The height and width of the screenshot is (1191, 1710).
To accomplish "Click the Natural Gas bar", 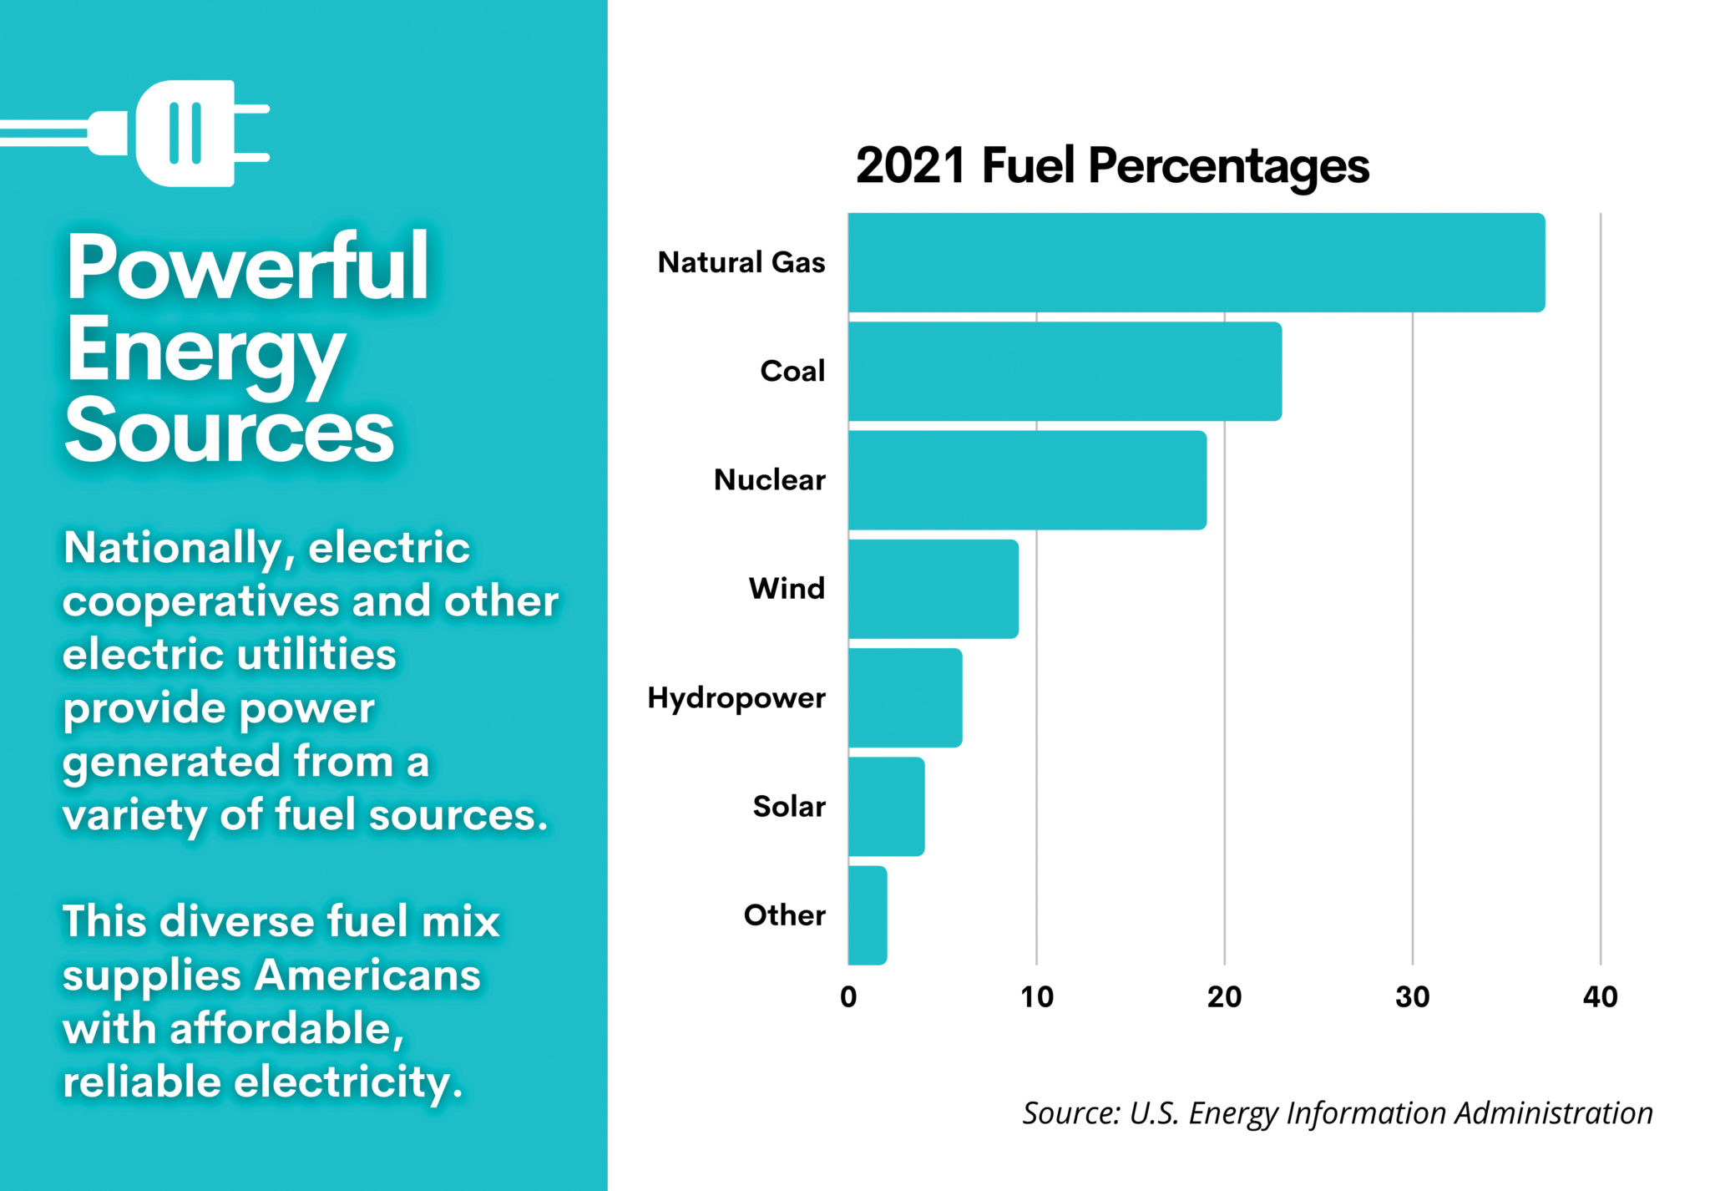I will (x=1196, y=262).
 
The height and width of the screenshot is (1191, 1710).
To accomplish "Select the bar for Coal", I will (x=1065, y=372).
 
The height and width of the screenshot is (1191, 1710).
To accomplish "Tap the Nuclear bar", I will (x=1027, y=480).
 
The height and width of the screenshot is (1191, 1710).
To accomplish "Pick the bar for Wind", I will (x=933, y=589).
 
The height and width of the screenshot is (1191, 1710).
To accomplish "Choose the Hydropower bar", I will (x=905, y=697).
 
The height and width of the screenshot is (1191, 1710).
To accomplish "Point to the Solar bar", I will (x=886, y=807).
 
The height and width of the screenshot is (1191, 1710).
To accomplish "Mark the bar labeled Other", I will (x=868, y=915).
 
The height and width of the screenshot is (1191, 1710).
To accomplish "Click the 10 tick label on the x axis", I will (x=1036, y=996).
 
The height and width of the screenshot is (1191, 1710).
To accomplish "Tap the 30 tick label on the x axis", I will (x=1413, y=996).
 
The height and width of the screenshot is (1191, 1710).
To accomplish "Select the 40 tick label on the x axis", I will (x=1600, y=996).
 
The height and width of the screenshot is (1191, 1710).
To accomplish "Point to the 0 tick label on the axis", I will (x=848, y=996).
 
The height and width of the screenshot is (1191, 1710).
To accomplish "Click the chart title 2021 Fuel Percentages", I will (x=1112, y=165).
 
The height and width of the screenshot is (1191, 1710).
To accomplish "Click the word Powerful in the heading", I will (x=247, y=267).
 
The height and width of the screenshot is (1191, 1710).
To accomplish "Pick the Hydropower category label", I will (x=736, y=698).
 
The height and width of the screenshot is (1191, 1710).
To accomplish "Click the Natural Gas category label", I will (x=741, y=262).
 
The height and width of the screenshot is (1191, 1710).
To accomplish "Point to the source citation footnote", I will (x=1337, y=1113).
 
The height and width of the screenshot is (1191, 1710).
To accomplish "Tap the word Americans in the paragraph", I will (x=367, y=975).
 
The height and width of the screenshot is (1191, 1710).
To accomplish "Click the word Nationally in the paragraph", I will (x=179, y=549).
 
